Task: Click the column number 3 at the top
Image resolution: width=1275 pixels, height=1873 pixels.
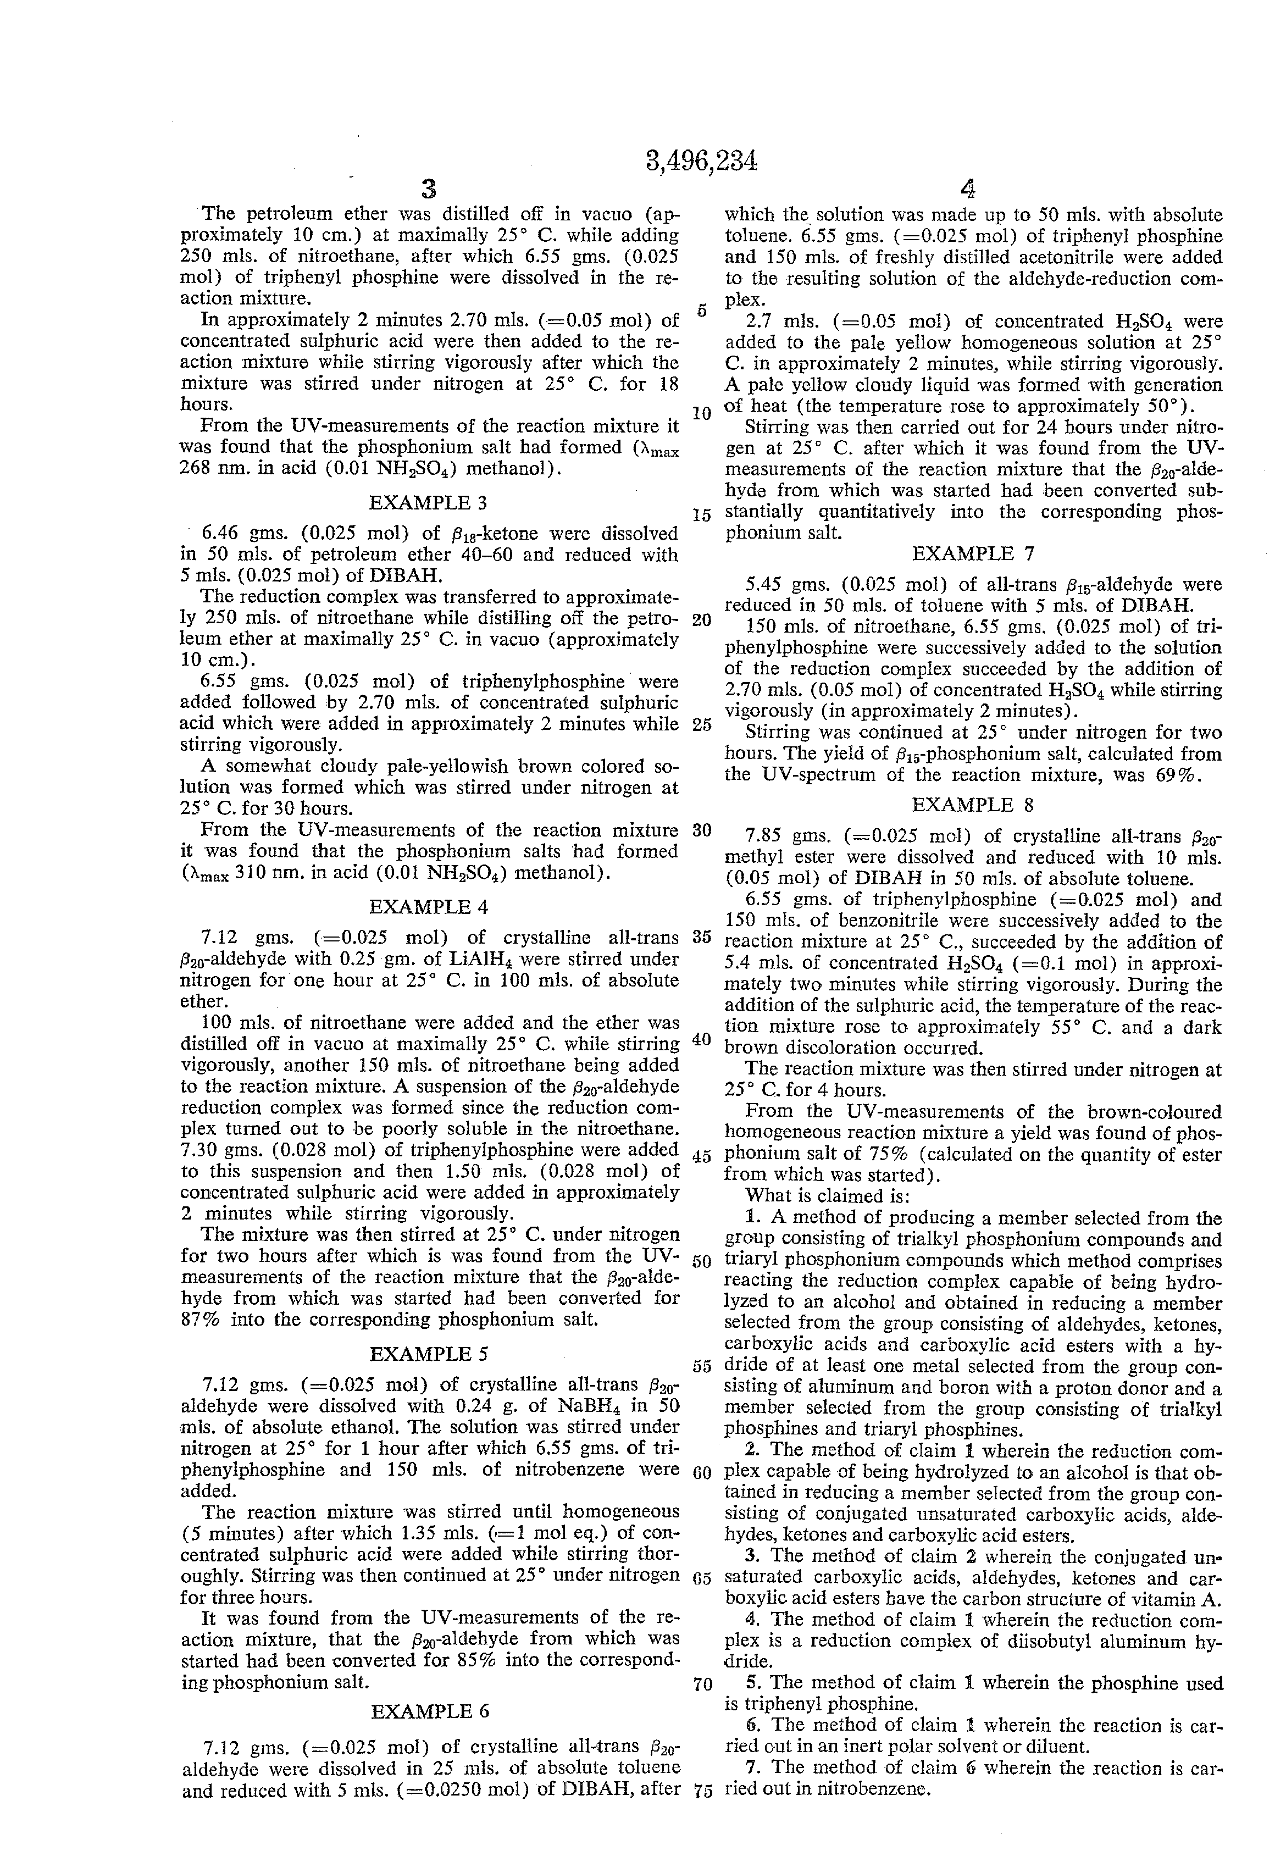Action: (x=429, y=190)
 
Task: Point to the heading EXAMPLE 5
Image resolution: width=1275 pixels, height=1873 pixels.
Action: (x=428, y=1354)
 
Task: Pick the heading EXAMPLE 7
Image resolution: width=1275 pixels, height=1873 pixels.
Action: (x=973, y=553)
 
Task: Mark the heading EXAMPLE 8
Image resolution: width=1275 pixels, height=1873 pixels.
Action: (x=973, y=805)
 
